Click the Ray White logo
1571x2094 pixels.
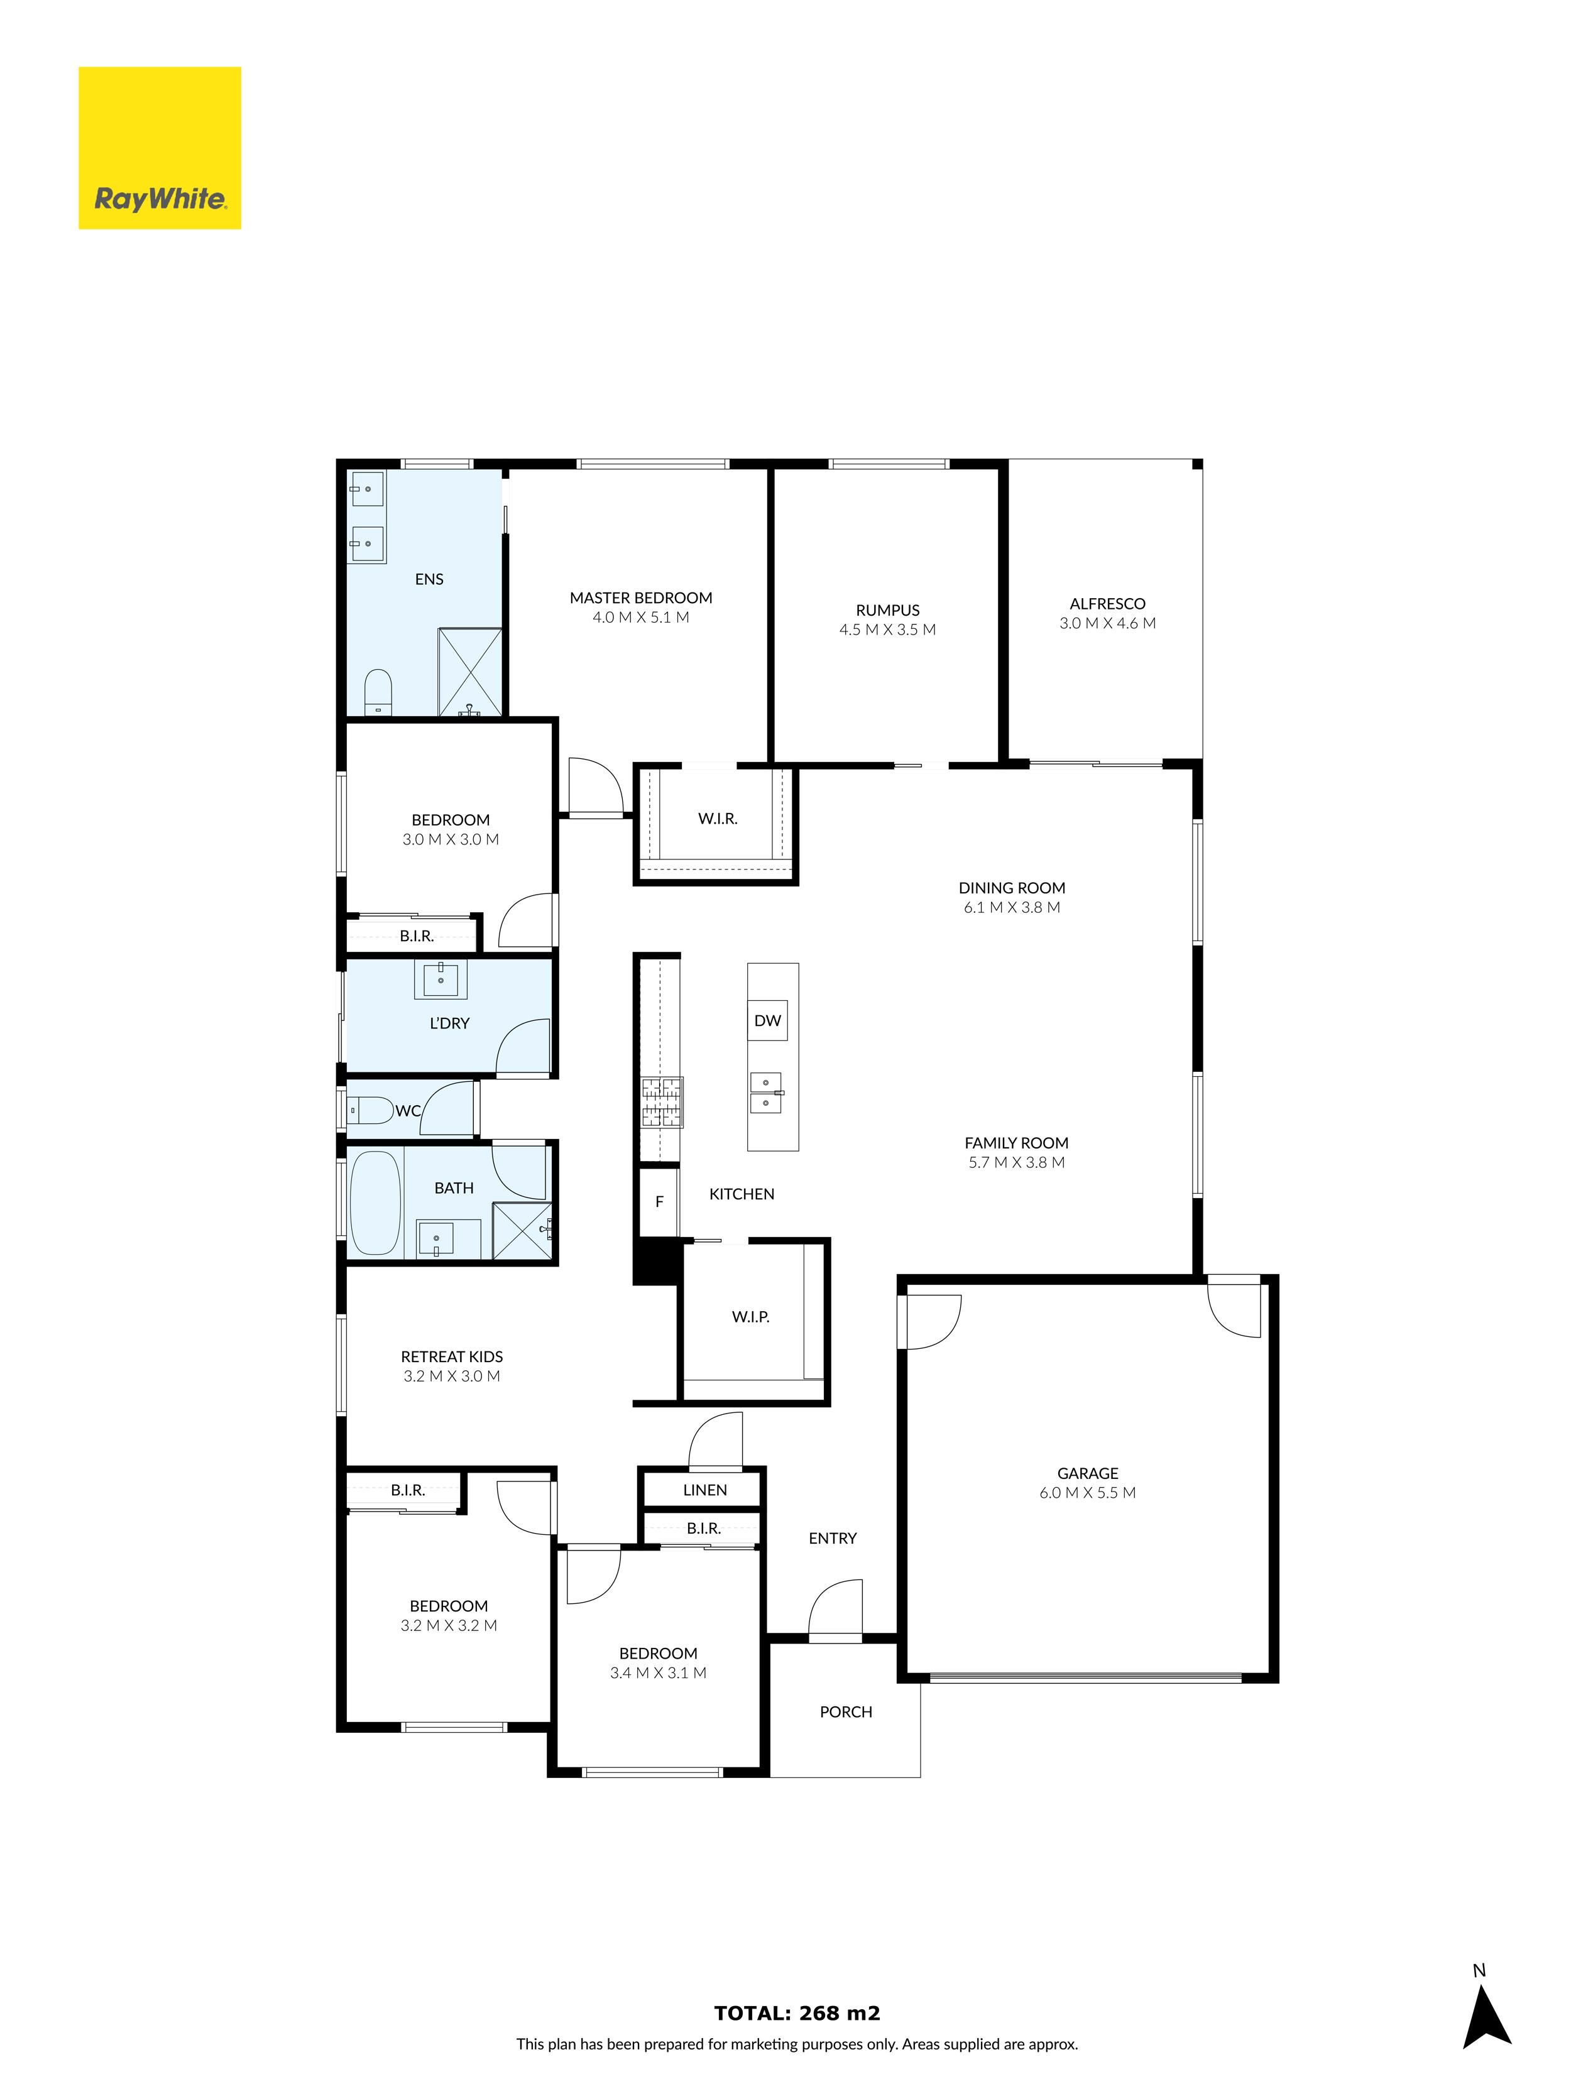coord(159,148)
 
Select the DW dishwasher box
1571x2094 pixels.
coord(767,1020)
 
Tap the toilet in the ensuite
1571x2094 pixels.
coord(378,691)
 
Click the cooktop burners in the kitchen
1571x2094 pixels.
coord(661,1102)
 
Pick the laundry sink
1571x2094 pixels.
coord(441,980)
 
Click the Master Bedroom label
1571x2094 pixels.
coord(640,597)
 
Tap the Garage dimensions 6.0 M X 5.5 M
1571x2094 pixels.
coord(1087,1493)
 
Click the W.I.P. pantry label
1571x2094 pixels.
coord(750,1317)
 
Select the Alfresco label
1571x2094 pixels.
coord(1107,603)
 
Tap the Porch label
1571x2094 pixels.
coord(846,1711)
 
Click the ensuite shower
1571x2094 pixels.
coord(469,671)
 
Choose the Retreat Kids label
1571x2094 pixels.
coord(452,1356)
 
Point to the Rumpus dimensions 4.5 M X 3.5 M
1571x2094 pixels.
coord(887,630)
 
